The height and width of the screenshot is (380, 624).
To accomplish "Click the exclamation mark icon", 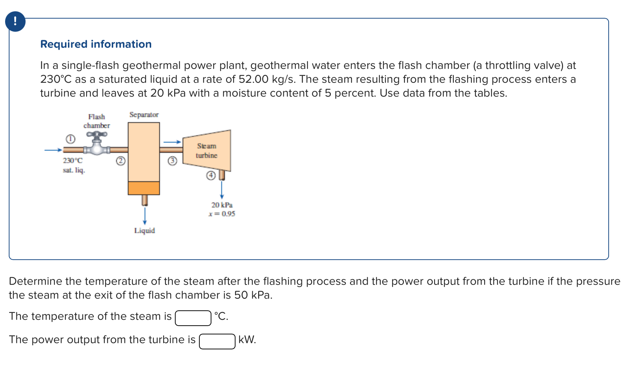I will [15, 21].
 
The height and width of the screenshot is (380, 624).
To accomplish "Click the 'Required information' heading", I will [96, 44].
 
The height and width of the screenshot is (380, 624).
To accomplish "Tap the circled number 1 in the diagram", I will [70, 139].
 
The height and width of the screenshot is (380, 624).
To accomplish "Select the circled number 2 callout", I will [120, 161].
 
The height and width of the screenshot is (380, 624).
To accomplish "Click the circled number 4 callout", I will [211, 175].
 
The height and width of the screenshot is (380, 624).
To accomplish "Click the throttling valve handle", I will [97, 134].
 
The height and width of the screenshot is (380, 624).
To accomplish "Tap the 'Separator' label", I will [144, 115].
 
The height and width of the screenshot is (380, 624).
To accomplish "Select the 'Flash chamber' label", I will [96, 121].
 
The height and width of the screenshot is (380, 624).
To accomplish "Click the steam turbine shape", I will [207, 150].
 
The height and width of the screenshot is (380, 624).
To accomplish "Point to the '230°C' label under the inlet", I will [73, 160].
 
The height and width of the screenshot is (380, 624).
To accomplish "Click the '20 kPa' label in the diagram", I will [222, 205].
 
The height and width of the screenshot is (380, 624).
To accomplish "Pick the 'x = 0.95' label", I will [222, 214].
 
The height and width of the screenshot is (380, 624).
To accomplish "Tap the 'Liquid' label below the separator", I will [144, 230].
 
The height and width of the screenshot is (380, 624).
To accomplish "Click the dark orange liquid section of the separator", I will [144, 188].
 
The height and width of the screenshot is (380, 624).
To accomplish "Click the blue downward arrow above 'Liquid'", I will [145, 216].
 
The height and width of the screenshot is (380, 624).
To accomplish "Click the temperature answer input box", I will [193, 318].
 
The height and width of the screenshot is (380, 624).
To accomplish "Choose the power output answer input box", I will [217, 341].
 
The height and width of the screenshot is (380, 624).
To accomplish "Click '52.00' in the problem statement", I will [253, 79].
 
